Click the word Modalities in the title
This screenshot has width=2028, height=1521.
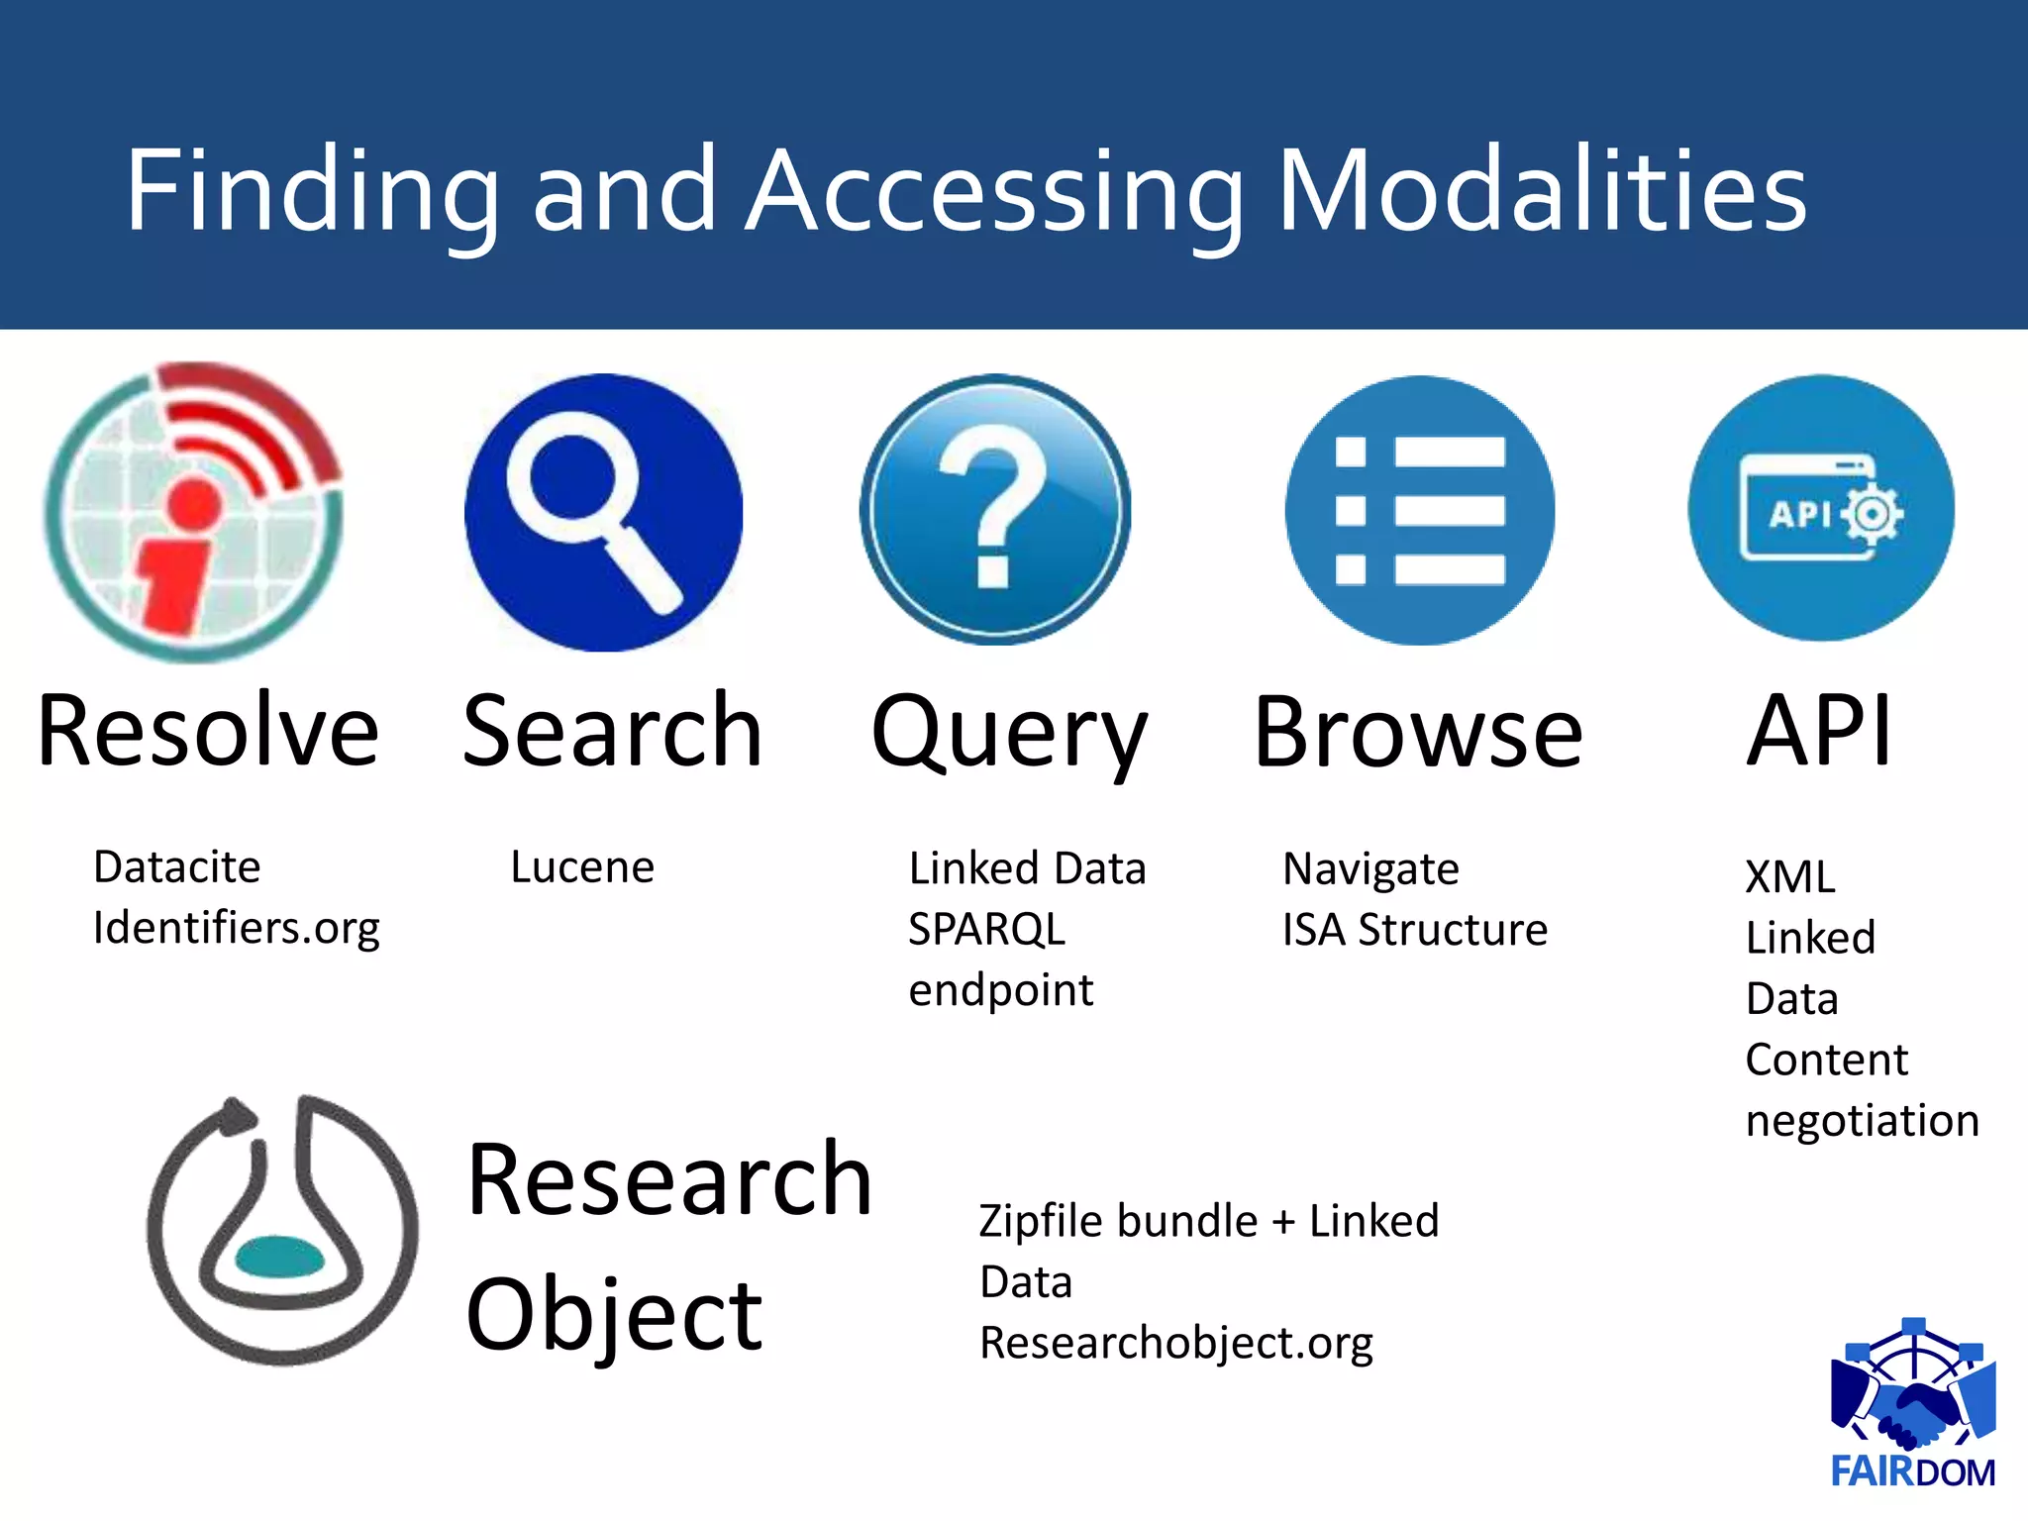point(1542,190)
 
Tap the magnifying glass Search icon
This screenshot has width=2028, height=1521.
point(603,512)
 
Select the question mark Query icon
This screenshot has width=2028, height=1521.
point(995,510)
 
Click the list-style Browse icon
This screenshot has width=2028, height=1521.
point(1419,510)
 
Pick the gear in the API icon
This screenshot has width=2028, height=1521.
point(1872,514)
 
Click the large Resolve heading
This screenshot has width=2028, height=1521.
point(208,732)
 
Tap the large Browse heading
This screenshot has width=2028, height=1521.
point(1418,734)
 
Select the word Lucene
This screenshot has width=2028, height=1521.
point(582,867)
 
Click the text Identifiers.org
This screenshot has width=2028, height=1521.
point(236,929)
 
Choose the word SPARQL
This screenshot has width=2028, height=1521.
point(986,930)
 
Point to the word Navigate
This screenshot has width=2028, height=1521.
point(1370,869)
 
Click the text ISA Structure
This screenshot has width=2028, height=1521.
point(1414,930)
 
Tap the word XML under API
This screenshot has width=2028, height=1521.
point(1789,877)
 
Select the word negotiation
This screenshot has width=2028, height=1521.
point(1862,1121)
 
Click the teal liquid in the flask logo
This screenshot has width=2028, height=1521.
point(280,1258)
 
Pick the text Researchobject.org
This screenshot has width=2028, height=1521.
point(1175,1344)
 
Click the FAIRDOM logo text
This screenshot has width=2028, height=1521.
point(1912,1472)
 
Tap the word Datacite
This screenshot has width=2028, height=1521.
point(177,867)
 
